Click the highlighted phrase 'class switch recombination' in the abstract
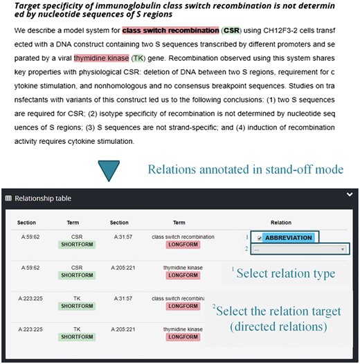point(170,31)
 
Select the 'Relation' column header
point(280,222)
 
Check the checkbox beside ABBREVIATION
point(258,237)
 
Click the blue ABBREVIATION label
point(288,237)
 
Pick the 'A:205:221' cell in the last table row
point(119,330)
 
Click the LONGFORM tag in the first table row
point(178,244)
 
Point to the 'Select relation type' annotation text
point(285,273)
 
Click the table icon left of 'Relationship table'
point(8,199)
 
